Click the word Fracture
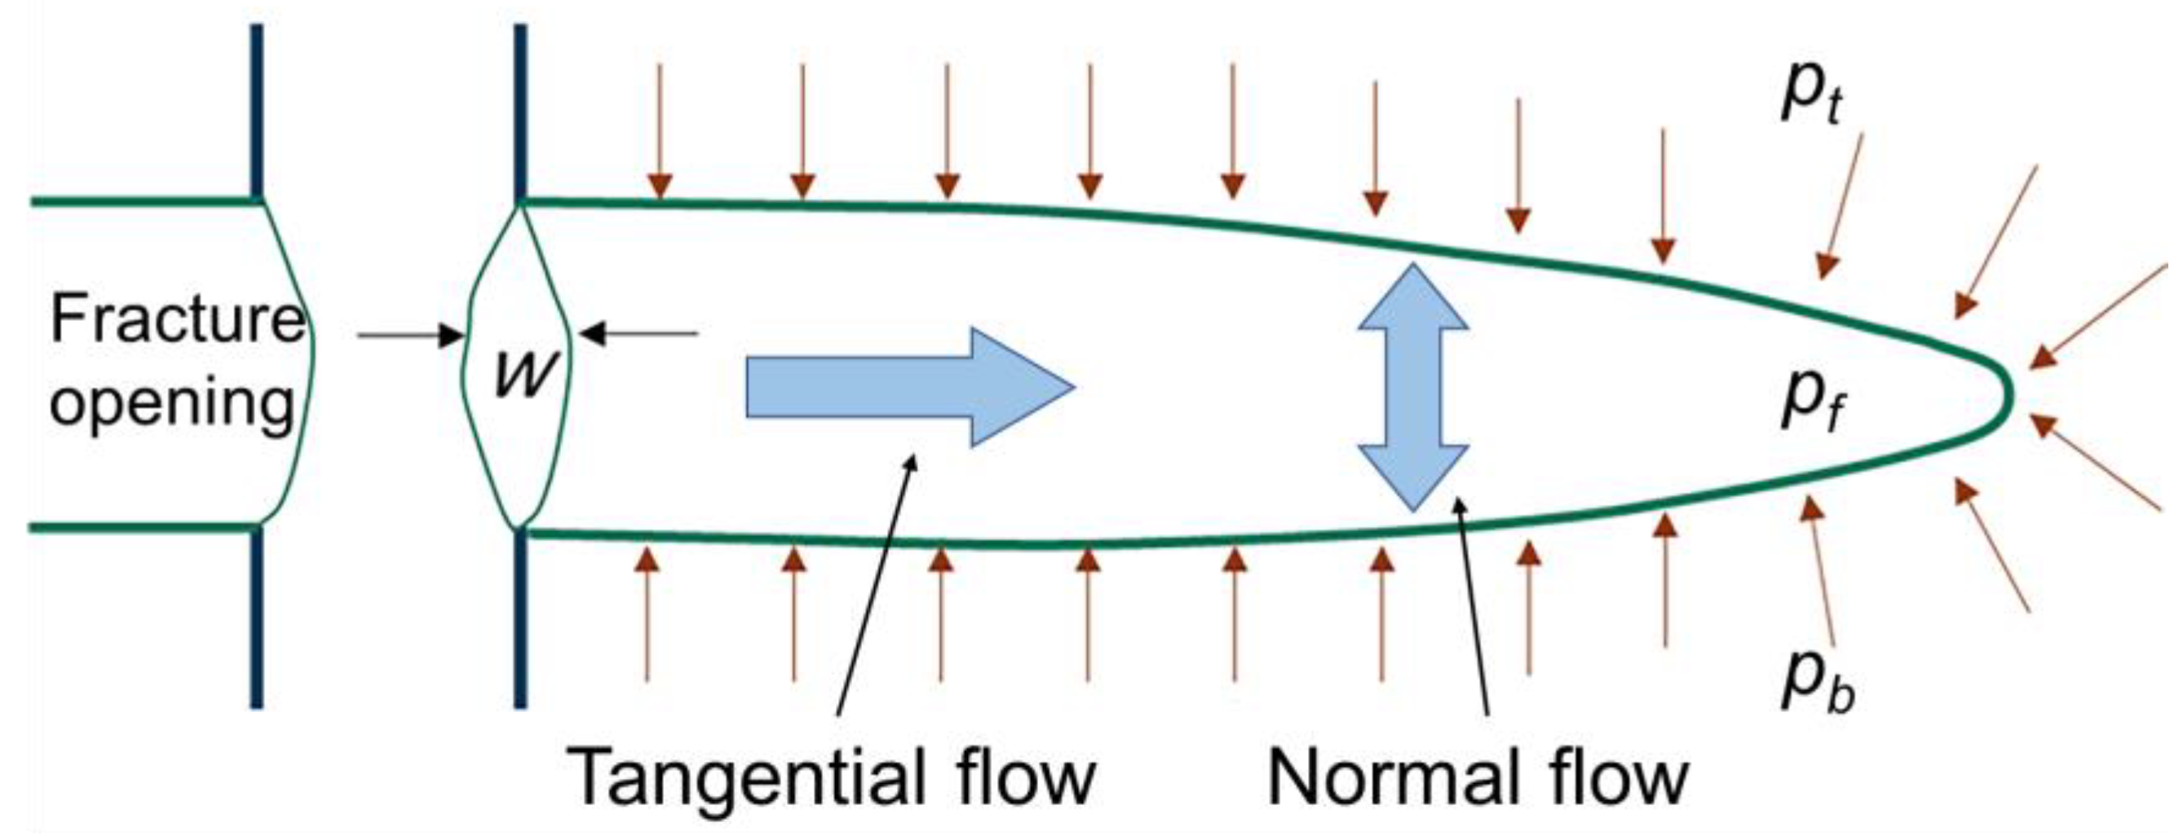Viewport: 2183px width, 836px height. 176,320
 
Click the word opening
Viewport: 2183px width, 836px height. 172,405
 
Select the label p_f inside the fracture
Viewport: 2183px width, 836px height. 1810,400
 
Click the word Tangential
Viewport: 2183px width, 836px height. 746,777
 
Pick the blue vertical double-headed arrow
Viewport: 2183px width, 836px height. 1412,386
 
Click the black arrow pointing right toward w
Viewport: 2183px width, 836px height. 410,336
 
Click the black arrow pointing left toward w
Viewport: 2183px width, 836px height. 641,334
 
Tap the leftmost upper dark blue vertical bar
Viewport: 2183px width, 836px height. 257,110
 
